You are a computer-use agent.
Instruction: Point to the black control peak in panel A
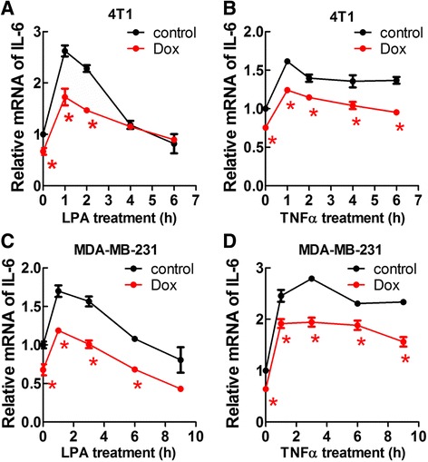[x=64, y=52]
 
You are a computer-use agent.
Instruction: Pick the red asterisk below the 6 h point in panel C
[x=137, y=386]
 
